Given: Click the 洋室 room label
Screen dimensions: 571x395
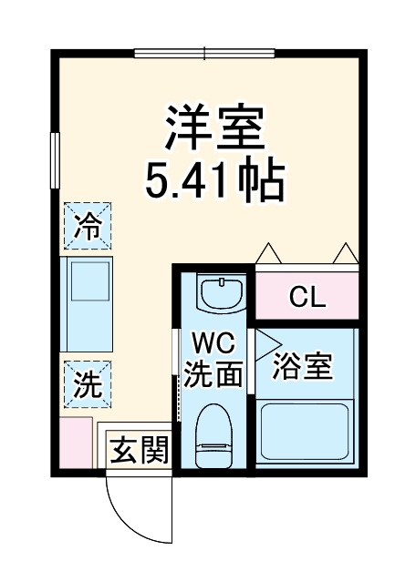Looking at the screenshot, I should (215, 128).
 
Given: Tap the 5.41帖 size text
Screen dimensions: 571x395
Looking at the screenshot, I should (215, 180).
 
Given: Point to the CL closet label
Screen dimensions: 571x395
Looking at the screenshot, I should (307, 297).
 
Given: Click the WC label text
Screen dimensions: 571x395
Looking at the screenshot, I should (215, 344).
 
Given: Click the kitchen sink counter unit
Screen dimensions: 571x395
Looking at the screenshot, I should (87, 305).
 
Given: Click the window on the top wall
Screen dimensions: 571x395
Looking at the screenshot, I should (205, 52).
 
